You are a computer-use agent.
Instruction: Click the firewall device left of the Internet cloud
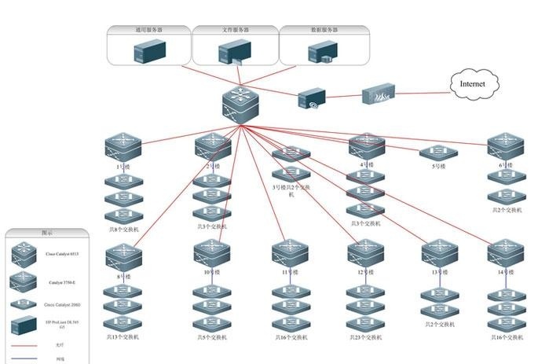coord(375,96)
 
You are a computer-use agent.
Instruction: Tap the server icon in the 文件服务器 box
coord(233,53)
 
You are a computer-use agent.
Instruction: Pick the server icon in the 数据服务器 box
coord(321,52)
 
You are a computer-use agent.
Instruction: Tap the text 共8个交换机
coord(123,229)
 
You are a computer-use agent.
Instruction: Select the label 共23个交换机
coord(365,337)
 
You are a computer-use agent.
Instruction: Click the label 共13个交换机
coord(123,337)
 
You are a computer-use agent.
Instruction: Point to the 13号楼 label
coord(438,272)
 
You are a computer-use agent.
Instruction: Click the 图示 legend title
coord(47,233)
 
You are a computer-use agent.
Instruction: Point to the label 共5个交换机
coord(212,337)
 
